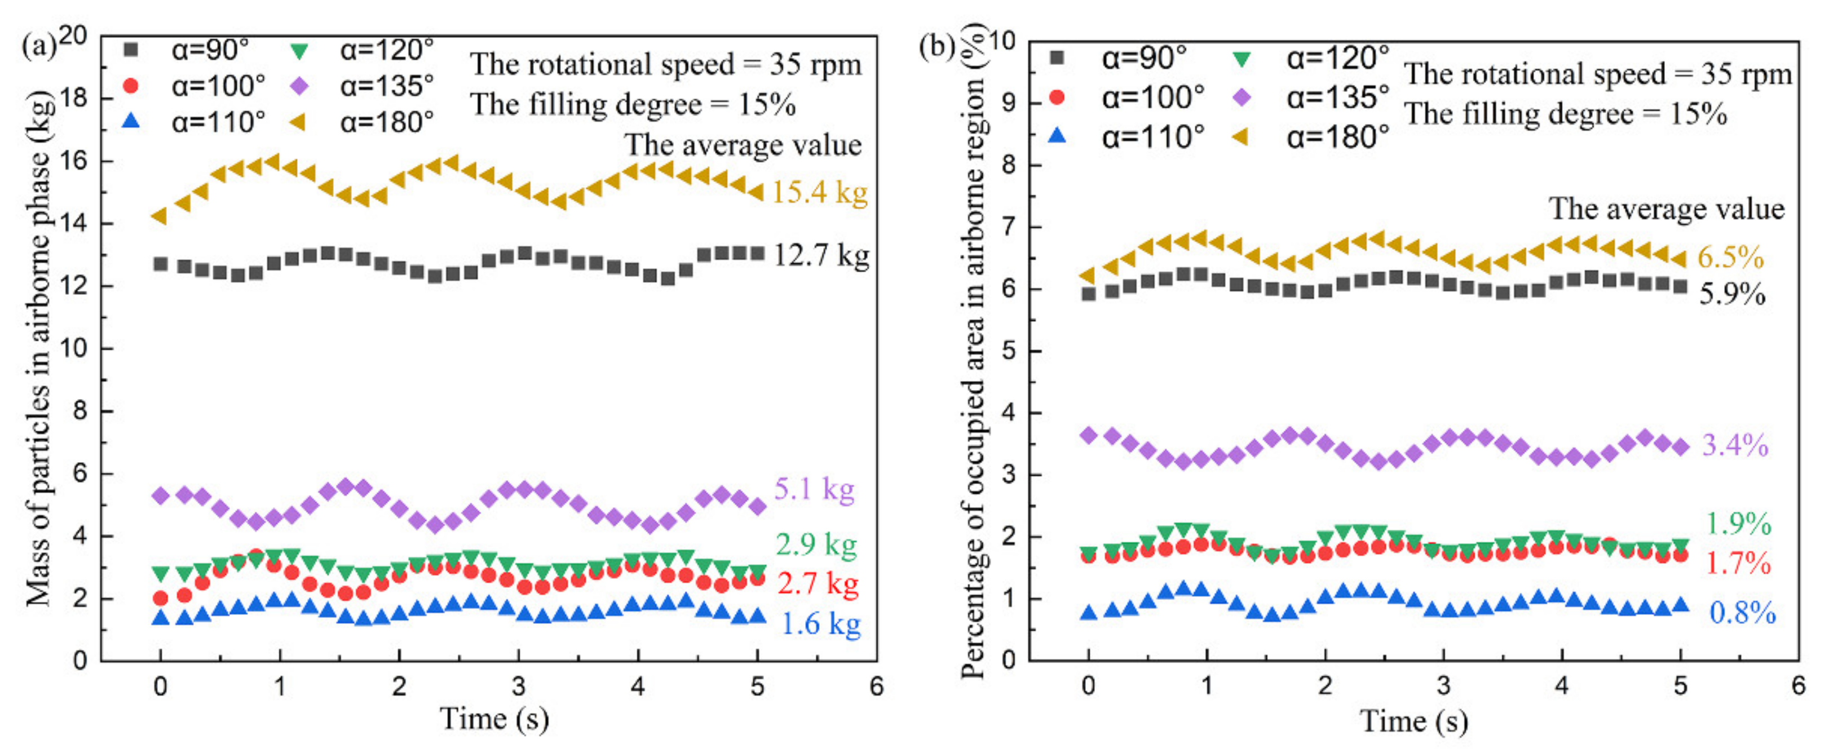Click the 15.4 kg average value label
pyautogui.click(x=819, y=192)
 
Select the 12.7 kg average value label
pyautogui.click(x=821, y=255)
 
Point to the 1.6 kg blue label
pyautogui.click(x=821, y=624)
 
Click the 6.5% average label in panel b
pyautogui.click(x=1730, y=257)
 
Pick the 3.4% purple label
pyautogui.click(x=1735, y=445)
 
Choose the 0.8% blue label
pyautogui.click(x=1742, y=613)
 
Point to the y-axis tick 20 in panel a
pyautogui.click(x=73, y=36)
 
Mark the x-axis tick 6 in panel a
pyautogui.click(x=877, y=686)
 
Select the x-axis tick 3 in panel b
pyautogui.click(x=1443, y=686)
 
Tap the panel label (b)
pyautogui.click(x=936, y=47)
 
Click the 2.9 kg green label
pyautogui.click(x=816, y=544)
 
